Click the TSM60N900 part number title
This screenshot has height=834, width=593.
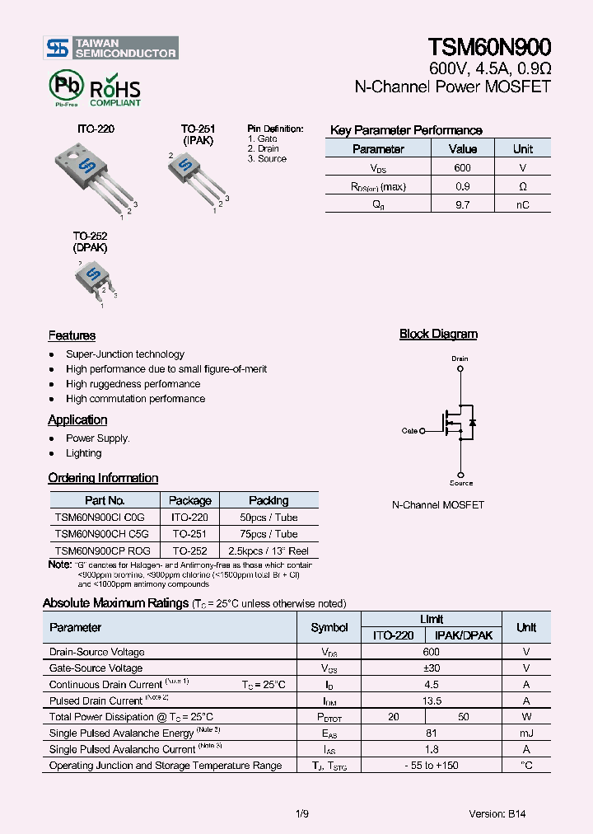pos(489,47)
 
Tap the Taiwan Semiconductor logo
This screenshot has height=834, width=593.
pos(111,48)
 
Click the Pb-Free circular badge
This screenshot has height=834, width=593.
pos(66,87)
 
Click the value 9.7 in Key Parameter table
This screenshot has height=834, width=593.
pos(462,204)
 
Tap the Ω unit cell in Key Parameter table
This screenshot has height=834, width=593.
pos(522,186)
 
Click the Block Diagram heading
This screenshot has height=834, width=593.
pos(438,334)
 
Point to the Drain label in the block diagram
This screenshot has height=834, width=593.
pos(460,358)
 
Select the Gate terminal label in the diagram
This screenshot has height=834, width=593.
pos(409,430)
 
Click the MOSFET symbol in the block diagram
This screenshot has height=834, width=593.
pos(457,422)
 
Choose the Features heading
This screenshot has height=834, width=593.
pos(72,335)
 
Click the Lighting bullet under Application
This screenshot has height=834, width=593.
pos(84,453)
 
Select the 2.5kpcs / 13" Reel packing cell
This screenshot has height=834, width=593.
pos(268,550)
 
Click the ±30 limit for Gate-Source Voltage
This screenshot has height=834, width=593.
pos(432,668)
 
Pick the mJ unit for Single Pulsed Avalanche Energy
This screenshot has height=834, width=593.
pos(525,733)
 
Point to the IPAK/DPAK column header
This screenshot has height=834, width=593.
pos(464,635)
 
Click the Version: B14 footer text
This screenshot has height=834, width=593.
pos(497,813)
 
